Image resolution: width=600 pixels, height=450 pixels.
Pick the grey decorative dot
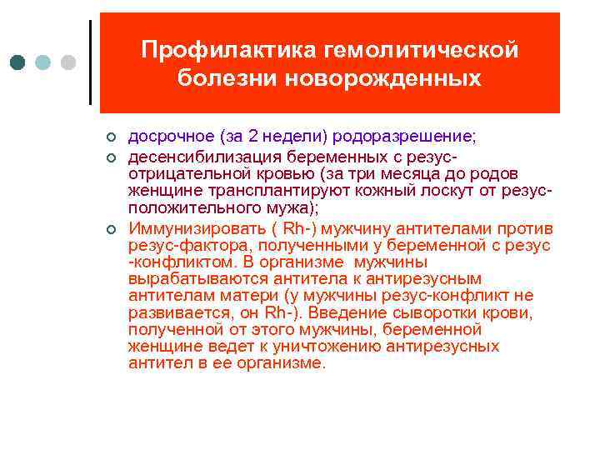coord(68,62)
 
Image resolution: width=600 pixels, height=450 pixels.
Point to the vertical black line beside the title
coord(89,62)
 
